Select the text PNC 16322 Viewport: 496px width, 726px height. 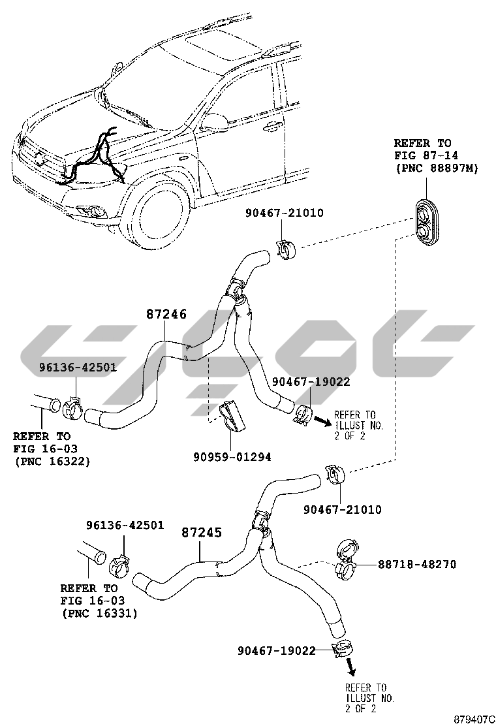point(52,461)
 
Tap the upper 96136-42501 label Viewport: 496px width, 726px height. point(77,368)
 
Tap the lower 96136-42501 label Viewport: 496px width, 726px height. point(125,526)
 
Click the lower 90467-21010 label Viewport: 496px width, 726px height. point(343,510)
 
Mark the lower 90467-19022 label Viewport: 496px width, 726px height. point(277,650)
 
